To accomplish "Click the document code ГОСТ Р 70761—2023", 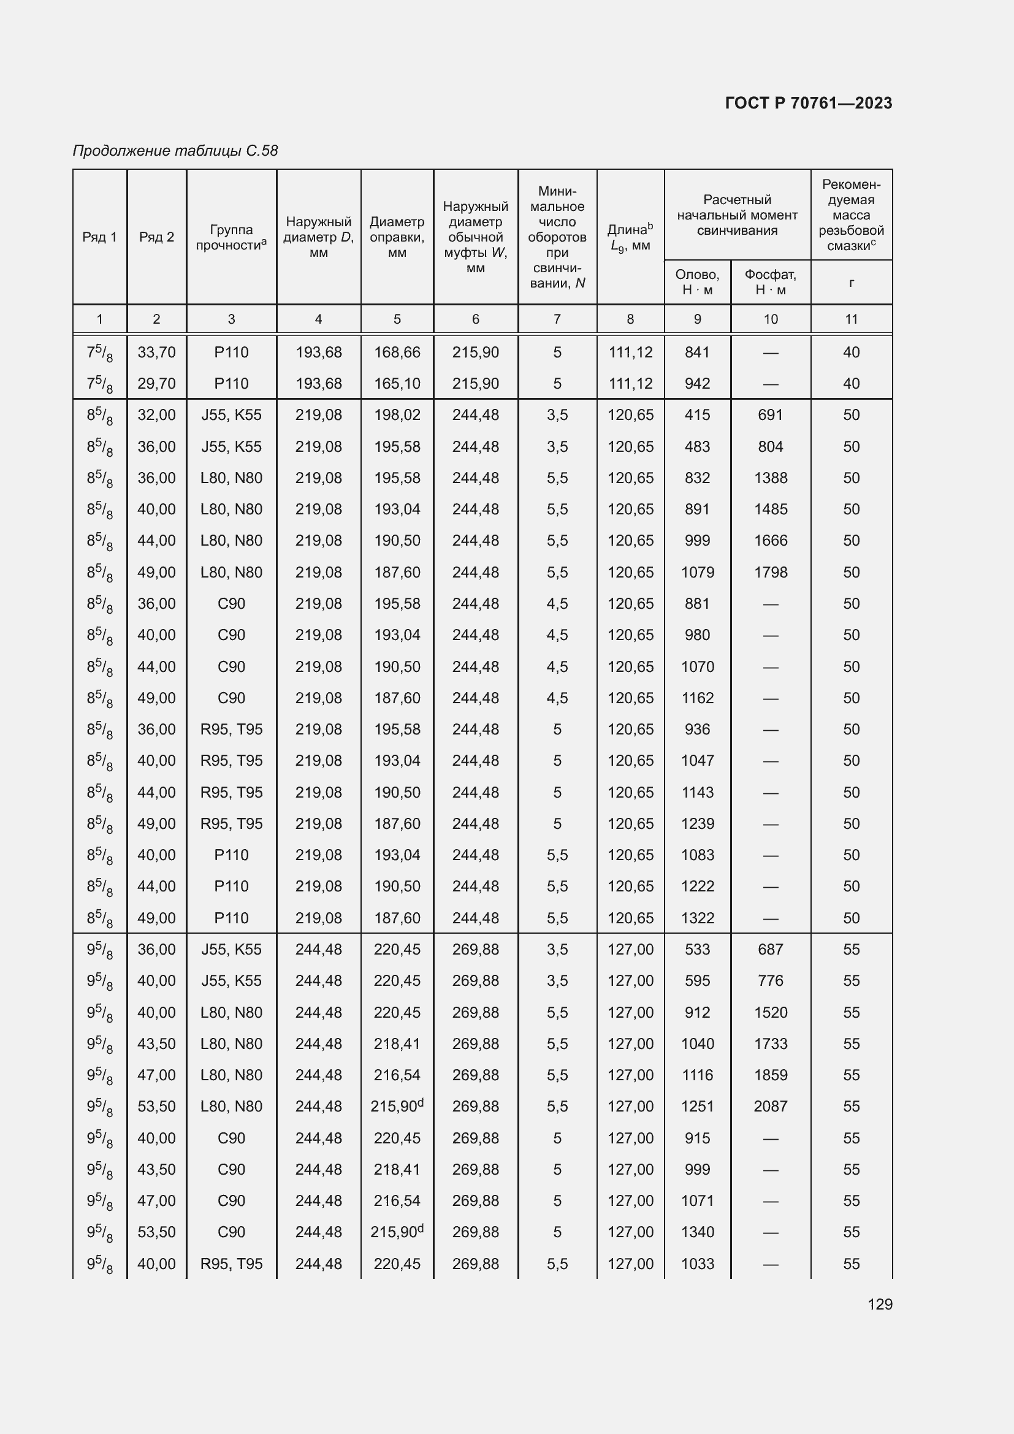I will [809, 103].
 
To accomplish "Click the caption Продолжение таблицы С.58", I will [175, 151].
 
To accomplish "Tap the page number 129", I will [880, 1304].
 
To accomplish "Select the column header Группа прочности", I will [231, 237].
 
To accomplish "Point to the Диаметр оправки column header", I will [397, 237].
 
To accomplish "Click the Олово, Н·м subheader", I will [697, 281].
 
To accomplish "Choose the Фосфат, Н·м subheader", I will [771, 281].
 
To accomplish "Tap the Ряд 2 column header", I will [156, 237].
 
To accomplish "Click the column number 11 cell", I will [851, 319].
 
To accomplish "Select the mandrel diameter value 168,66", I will [397, 353].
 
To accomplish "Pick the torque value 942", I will [697, 383].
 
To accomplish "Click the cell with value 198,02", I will [397, 414].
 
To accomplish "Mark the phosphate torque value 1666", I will [771, 540].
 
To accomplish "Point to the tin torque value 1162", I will [697, 698].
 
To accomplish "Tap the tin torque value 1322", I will [697, 918].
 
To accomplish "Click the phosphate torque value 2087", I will [771, 1106].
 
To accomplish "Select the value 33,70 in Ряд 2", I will [156, 353].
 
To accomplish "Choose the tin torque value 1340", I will [697, 1232].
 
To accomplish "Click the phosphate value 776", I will [771, 980].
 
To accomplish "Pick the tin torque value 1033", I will [697, 1264].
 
